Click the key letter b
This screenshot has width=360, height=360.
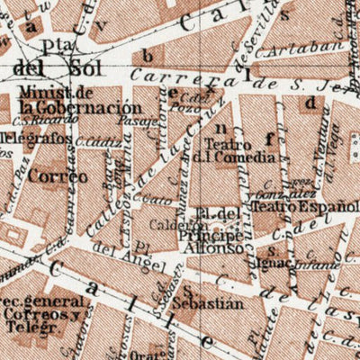(x=146, y=56)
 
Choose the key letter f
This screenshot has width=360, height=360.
(x=268, y=138)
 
